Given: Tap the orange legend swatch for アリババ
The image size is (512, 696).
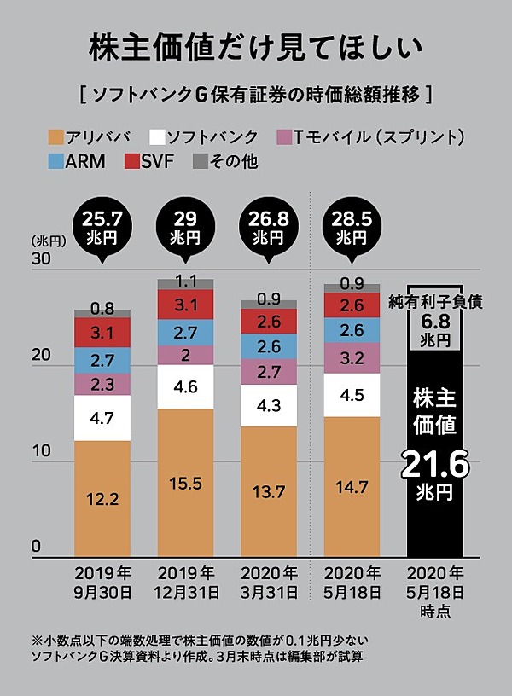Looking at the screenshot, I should pyautogui.click(x=57, y=136).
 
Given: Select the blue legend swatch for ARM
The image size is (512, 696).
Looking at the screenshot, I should pyautogui.click(x=57, y=159).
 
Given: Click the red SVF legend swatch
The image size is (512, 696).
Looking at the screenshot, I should pyautogui.click(x=132, y=159).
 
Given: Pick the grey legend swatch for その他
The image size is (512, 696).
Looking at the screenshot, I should pyautogui.click(x=200, y=159).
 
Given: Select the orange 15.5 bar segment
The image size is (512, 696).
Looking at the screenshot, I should pyautogui.click(x=185, y=483).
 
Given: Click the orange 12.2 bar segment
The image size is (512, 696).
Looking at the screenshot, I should pyautogui.click(x=102, y=499).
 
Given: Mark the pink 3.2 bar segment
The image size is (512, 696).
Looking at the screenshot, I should pyautogui.click(x=352, y=358).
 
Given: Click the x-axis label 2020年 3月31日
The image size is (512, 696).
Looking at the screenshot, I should pyautogui.click(x=269, y=581).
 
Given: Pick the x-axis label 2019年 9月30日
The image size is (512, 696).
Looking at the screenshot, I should pyautogui.click(x=102, y=581).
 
